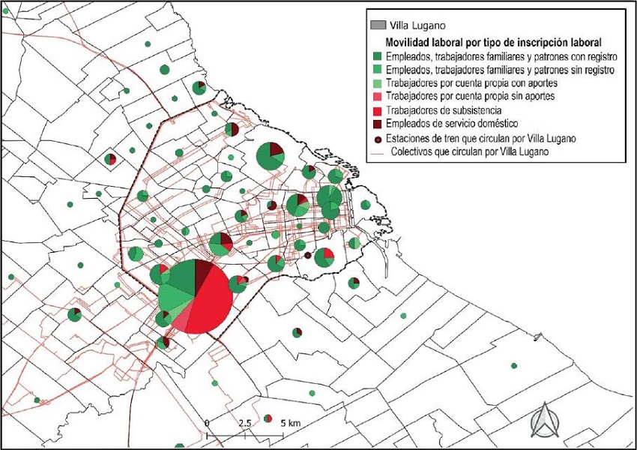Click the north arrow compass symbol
(543, 420)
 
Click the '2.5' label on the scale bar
(244, 423)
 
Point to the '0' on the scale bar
(206, 423)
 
